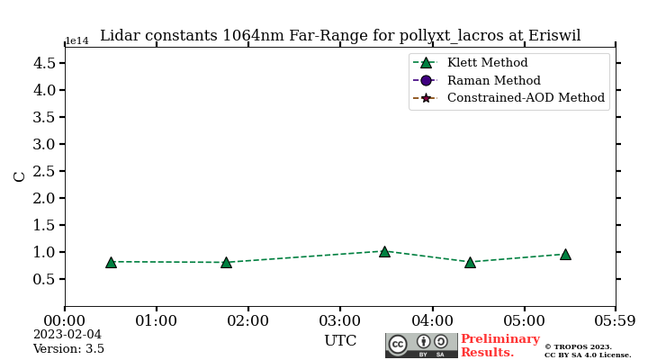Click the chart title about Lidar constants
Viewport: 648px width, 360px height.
point(340,36)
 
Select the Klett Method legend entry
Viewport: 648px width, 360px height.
point(487,63)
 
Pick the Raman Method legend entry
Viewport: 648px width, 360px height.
point(493,80)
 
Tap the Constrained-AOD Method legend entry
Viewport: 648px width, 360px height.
point(526,98)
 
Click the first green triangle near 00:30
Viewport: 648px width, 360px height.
point(111,262)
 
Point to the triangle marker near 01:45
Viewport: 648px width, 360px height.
point(226,263)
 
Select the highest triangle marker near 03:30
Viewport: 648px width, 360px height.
point(384,251)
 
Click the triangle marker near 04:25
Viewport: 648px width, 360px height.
point(470,263)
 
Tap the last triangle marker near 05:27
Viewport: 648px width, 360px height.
point(565,254)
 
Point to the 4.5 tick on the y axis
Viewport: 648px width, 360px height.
point(44,63)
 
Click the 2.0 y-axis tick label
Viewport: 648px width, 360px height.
point(44,198)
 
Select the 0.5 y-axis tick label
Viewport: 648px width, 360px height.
point(44,279)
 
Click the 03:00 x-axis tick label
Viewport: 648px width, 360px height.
point(340,320)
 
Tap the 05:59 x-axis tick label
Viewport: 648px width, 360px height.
point(616,320)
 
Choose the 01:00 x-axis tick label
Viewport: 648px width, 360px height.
point(157,320)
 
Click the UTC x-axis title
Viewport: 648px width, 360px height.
point(340,341)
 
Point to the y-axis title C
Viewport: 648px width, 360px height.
point(20,176)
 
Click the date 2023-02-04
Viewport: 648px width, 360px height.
point(67,335)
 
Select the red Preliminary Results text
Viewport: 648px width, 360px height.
point(499,346)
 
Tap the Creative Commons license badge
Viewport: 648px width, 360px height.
point(421,345)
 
